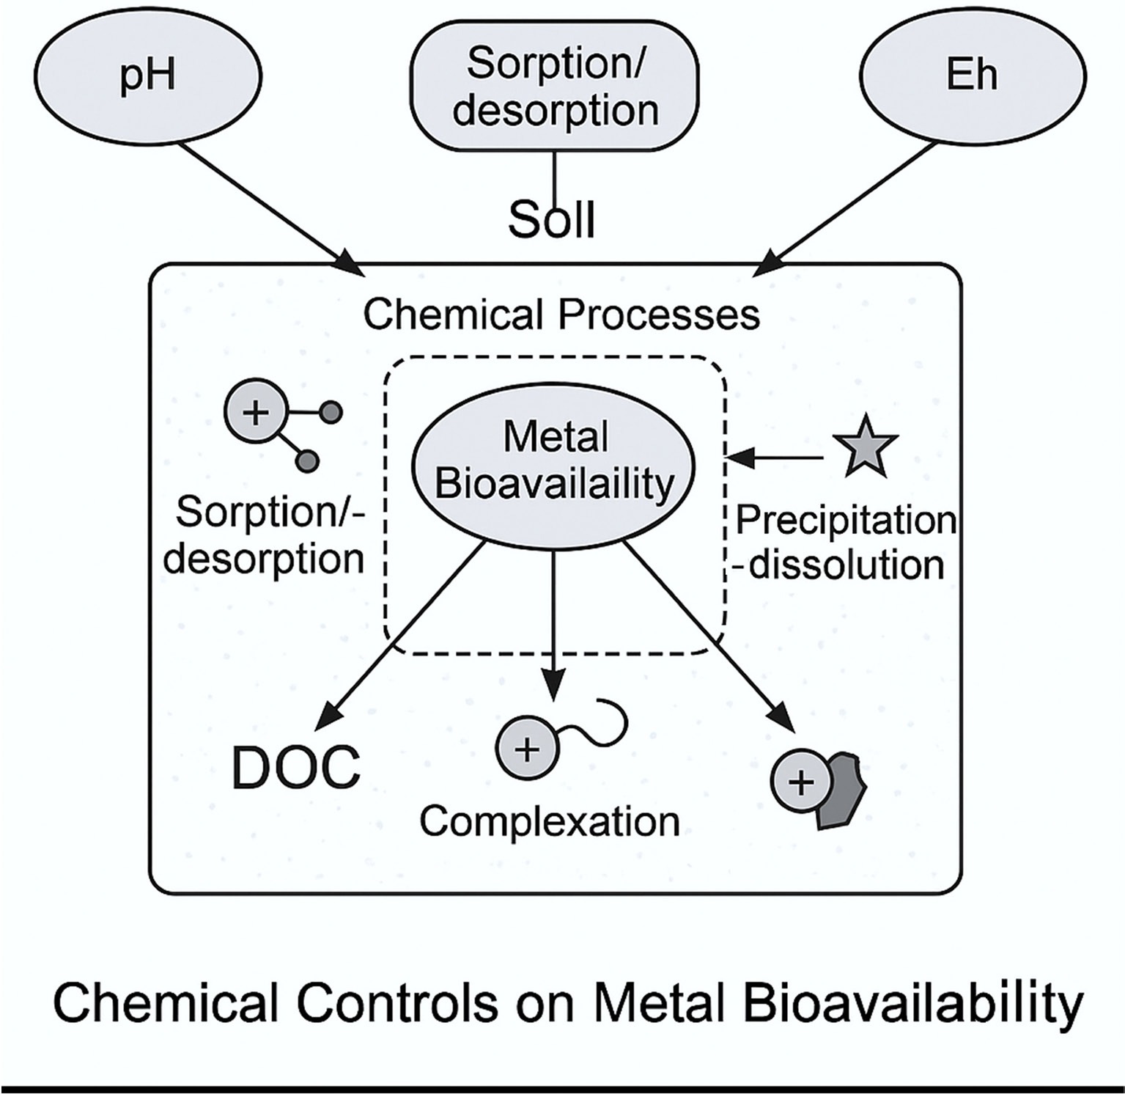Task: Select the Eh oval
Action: [x=973, y=76]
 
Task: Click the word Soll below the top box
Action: [x=551, y=219]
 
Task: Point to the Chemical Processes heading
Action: [x=561, y=315]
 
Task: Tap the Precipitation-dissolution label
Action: [x=846, y=543]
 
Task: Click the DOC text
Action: [x=296, y=768]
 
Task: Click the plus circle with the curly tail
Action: [x=526, y=749]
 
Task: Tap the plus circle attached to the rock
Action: [x=801, y=783]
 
